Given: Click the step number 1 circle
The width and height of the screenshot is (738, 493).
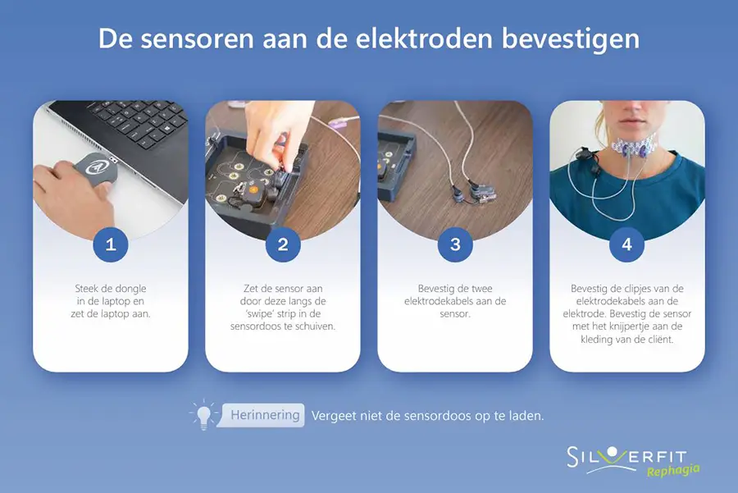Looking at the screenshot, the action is coord(111,244).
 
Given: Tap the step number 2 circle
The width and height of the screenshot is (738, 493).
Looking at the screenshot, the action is coord(283,244).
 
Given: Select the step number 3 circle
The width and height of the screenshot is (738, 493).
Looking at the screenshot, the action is coord(455,244).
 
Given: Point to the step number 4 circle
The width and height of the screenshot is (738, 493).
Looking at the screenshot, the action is coord(627,244).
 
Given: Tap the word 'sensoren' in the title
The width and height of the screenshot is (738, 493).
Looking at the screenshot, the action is coord(197,39).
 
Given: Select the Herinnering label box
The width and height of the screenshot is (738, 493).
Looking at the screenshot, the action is coord(262,415).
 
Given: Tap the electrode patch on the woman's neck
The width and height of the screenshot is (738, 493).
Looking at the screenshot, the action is coord(632,146).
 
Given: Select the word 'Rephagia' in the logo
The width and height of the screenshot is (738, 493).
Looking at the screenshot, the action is coord(673,470).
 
